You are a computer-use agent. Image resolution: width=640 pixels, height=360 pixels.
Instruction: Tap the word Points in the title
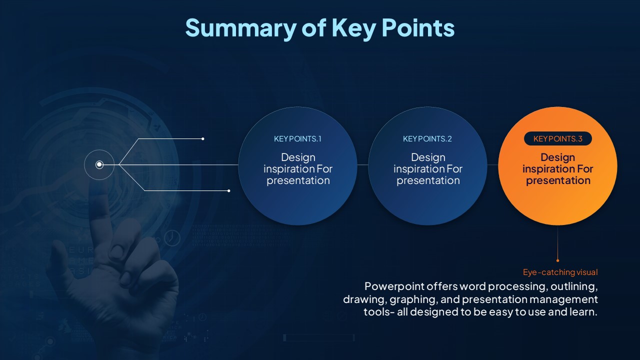(418, 27)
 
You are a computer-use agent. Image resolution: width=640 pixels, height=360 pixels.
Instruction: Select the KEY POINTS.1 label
(297, 139)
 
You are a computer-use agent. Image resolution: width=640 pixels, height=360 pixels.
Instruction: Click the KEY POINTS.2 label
(427, 139)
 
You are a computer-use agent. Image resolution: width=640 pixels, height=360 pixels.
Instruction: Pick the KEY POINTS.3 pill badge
(557, 138)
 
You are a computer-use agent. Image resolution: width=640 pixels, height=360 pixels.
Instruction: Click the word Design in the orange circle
(557, 157)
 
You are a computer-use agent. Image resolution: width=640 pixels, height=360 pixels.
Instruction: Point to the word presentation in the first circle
(298, 180)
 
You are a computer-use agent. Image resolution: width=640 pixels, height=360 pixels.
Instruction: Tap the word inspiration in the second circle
(418, 169)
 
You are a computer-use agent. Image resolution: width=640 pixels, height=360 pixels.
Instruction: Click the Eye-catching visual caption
(560, 272)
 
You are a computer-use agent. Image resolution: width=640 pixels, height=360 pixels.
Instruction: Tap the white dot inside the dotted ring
(99, 164)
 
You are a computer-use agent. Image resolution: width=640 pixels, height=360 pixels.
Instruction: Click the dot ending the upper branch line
(203, 139)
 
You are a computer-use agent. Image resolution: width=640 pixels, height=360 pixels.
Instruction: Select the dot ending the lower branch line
(228, 190)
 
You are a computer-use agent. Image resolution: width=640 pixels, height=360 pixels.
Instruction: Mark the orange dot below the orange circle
(557, 260)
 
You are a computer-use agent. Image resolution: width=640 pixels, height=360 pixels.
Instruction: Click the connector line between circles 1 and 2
(362, 164)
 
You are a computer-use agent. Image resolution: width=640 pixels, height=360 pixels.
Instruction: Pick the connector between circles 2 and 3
(492, 164)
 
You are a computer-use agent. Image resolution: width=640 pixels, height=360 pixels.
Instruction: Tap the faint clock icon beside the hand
(172, 237)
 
